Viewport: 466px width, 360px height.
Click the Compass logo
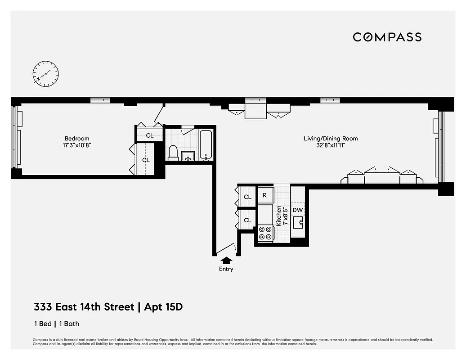387,37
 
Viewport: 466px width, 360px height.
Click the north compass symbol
45,73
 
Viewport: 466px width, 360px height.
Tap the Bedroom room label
77,139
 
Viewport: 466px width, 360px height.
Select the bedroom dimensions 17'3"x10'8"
77,145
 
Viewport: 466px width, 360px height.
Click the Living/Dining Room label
331,139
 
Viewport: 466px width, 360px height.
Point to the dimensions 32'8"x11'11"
331,145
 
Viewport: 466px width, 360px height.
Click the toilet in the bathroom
173,153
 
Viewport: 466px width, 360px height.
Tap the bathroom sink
188,156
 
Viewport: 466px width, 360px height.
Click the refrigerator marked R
265,196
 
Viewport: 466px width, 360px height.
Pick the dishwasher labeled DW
297,210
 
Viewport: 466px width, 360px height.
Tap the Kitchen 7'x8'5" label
282,216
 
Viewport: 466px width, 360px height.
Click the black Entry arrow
226,260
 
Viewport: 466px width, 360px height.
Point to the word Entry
226,269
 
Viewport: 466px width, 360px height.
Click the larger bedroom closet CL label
146,160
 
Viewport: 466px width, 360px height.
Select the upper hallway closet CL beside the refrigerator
247,197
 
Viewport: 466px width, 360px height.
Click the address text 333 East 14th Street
84,307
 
